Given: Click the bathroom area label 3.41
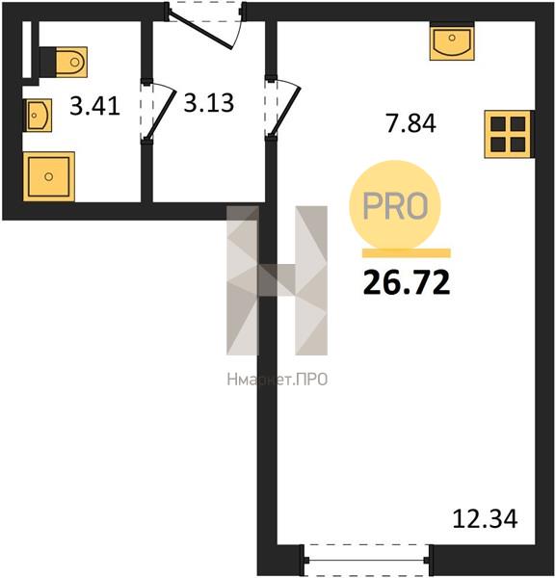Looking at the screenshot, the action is coord(94,106).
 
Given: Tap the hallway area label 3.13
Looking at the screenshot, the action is coord(209,102).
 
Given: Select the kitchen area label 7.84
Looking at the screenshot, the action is coord(410,123).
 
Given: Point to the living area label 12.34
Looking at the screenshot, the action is coord(485,518).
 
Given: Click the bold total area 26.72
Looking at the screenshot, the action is coord(407,282).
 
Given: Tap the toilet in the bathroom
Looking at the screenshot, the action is coord(64,62).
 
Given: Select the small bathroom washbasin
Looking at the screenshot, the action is coord(38,115).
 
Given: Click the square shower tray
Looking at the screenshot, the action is coord(49,176).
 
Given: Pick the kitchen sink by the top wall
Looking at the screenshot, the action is coord(452,40).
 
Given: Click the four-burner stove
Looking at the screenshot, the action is coord(509,134).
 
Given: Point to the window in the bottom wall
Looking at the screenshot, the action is coord(366,560).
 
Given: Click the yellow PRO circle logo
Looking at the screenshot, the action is coord(395,205).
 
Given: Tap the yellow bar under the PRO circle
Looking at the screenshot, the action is coord(407,252).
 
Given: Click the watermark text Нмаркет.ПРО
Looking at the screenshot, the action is coord(277,380).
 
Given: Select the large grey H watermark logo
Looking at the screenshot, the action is coord(277,280).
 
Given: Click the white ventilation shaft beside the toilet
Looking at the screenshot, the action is coord(27,50).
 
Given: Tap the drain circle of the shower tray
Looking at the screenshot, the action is coord(49,176).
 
